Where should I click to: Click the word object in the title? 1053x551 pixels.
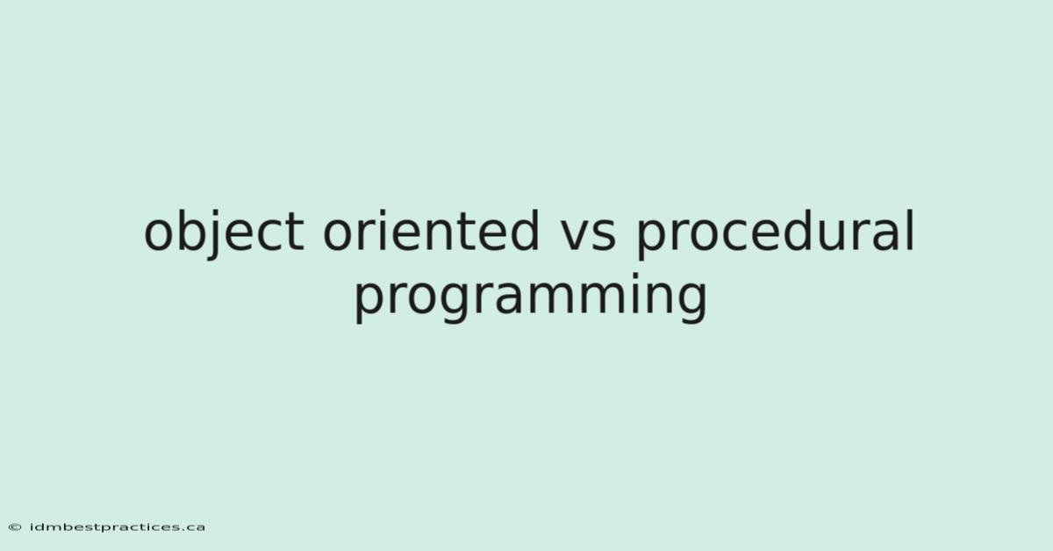(225, 233)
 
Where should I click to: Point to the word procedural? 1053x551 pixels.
(775, 233)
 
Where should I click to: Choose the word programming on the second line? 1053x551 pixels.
(530, 297)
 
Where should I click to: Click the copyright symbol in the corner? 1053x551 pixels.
(15, 527)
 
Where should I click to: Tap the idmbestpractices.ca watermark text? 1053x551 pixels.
(117, 527)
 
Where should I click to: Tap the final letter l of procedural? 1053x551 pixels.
(911, 230)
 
